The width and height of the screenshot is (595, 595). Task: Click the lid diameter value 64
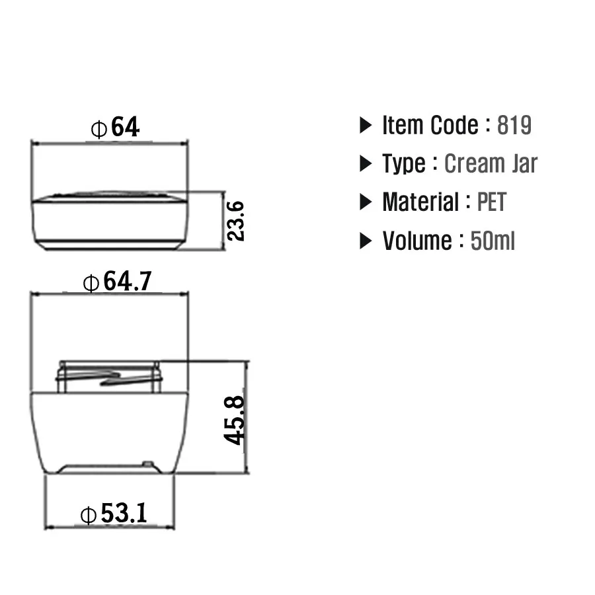click(125, 127)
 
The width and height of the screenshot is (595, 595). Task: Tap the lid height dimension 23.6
click(235, 221)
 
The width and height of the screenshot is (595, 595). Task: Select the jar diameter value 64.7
click(128, 281)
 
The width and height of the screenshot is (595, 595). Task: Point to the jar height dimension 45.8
click(234, 420)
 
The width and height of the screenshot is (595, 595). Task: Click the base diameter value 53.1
click(124, 513)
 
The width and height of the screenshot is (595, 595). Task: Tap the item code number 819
click(514, 125)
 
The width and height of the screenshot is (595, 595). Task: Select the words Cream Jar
click(491, 163)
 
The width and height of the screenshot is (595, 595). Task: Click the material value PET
click(492, 202)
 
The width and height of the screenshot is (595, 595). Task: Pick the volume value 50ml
click(493, 241)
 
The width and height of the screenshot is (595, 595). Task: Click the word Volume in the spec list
click(417, 241)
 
